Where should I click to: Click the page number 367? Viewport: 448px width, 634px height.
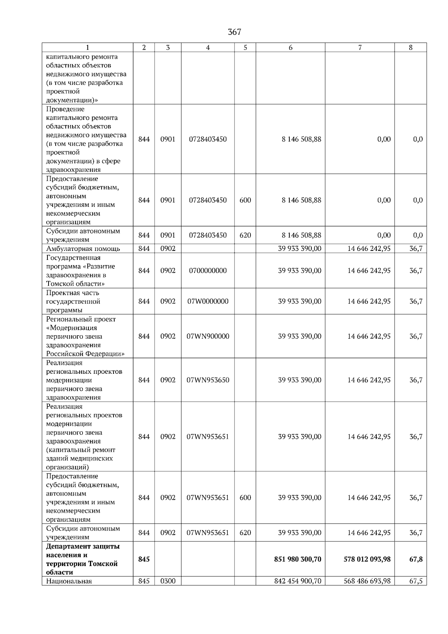click(x=234, y=32)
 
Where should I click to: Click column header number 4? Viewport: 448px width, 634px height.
click(x=208, y=47)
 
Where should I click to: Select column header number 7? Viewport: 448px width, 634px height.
click(x=360, y=47)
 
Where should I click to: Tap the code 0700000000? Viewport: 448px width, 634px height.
click(x=208, y=271)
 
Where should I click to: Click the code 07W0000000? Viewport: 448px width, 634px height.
click(x=208, y=301)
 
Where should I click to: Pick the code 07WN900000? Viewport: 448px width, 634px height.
click(x=208, y=336)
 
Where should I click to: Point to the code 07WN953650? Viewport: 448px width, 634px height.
click(x=208, y=380)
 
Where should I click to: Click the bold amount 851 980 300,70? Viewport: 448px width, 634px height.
click(x=298, y=559)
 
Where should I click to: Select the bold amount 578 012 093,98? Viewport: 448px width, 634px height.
click(x=367, y=559)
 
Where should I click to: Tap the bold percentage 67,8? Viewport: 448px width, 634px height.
click(x=416, y=559)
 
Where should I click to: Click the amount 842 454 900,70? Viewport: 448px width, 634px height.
click(x=298, y=581)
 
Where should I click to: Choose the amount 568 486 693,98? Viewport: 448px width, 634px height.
click(x=367, y=581)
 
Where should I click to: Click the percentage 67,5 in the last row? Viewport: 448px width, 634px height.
click(x=416, y=581)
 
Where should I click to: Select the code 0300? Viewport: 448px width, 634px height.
click(x=168, y=581)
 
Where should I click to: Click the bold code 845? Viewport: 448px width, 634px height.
click(x=144, y=559)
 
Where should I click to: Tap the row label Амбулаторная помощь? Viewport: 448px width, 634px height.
click(x=83, y=249)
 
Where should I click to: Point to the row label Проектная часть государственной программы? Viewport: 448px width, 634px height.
click(x=73, y=301)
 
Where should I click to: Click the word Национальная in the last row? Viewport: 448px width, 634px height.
click(x=69, y=581)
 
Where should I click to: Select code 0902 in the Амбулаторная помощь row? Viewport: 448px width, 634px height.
click(x=168, y=249)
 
